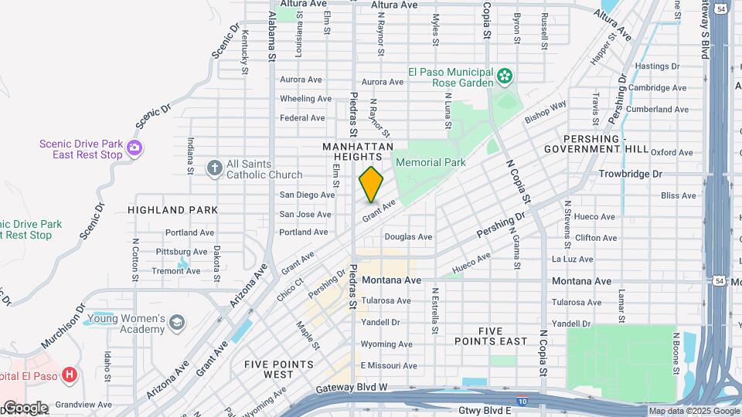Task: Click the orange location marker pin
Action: coord(371,184)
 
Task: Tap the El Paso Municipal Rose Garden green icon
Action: coord(505,76)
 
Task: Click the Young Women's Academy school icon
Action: coord(177,322)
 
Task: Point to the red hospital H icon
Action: coord(70,375)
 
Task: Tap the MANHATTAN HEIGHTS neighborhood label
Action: coord(358,151)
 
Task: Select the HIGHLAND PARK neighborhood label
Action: coord(172,209)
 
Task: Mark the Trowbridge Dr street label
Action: coord(630,174)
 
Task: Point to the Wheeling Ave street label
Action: coord(305,99)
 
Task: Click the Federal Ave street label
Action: coord(302,118)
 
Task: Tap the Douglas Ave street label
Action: coord(408,237)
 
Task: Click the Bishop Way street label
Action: coord(546,112)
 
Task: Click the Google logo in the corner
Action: coord(25,407)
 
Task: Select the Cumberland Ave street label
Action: coord(657,110)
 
